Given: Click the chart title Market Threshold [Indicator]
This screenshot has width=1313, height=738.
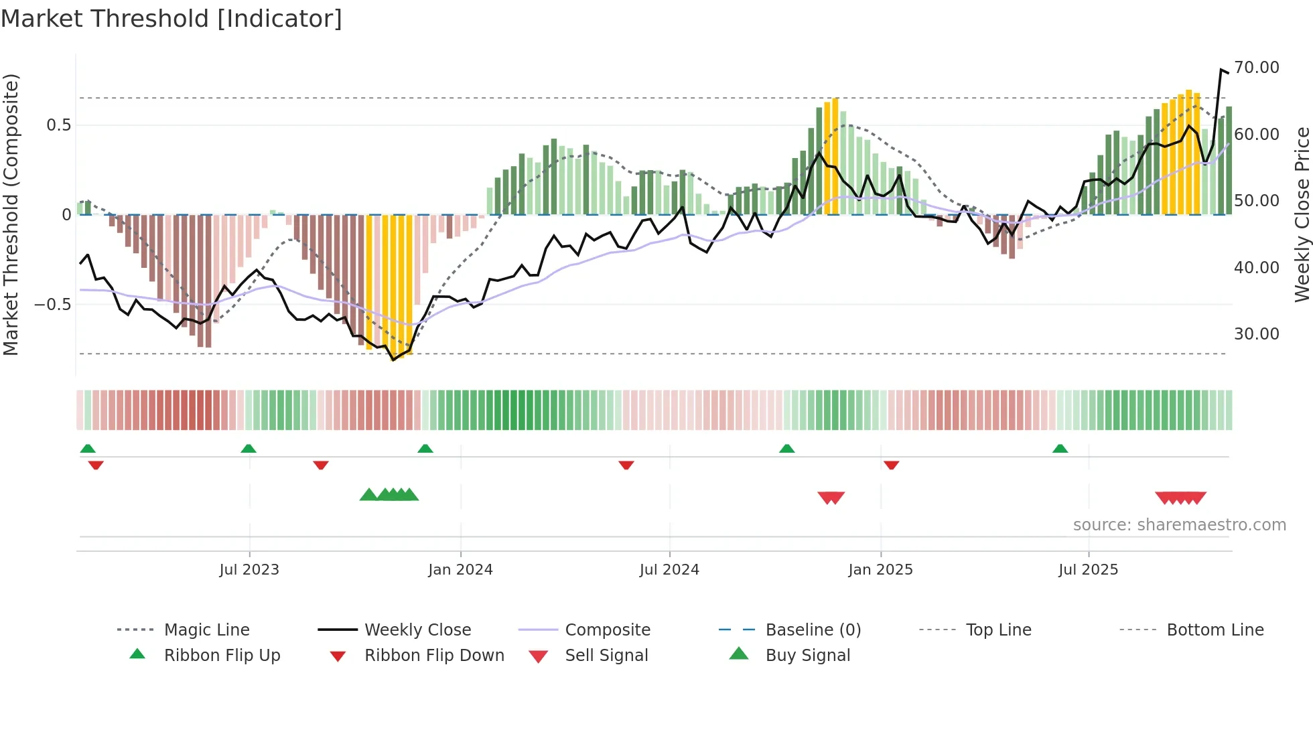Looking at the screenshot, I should (171, 19).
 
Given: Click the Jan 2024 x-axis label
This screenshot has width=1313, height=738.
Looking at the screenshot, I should (460, 569).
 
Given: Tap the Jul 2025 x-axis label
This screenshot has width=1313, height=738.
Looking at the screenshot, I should (1088, 569).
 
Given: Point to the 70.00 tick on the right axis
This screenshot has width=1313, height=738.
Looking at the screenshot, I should (1256, 68).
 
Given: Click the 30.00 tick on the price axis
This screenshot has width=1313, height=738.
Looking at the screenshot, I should (1256, 334).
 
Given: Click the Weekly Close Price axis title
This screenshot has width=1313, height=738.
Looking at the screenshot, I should (1302, 214).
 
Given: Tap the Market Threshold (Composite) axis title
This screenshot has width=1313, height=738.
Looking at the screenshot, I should (11, 214).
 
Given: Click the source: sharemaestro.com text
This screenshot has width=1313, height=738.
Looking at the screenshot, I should (1179, 524).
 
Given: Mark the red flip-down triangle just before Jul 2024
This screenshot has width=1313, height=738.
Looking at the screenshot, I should (626, 465).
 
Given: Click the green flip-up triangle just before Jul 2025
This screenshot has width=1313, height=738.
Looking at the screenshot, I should (1060, 449).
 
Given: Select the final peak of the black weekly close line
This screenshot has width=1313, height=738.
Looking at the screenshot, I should (1221, 69).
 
